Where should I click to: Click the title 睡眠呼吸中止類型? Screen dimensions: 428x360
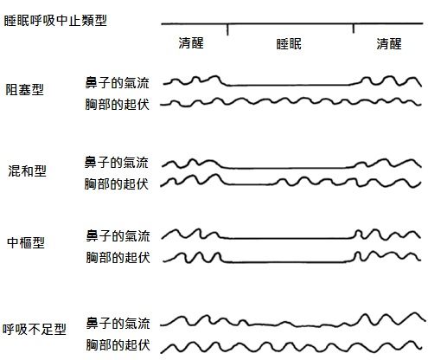coord(55,21)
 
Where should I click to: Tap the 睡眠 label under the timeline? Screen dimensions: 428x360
coord(289,44)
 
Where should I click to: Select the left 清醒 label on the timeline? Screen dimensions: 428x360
coord(191,43)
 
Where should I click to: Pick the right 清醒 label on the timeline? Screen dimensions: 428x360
coord(389,44)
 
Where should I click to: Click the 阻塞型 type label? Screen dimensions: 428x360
coord(25,89)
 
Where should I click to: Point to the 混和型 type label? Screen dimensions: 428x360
coord(27,170)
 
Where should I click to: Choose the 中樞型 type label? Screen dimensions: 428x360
coord(26,242)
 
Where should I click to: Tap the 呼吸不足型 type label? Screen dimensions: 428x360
coord(35,329)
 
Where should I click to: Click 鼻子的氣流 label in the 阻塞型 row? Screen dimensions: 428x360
coord(117,83)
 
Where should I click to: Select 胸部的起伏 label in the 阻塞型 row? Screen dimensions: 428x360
coord(117,104)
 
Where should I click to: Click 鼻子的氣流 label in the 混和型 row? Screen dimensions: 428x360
coord(117,163)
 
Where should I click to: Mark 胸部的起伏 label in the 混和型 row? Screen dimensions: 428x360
coord(117,183)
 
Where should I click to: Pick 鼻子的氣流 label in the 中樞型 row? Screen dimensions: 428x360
coord(118,235)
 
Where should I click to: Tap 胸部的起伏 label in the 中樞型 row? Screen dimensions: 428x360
coord(118,257)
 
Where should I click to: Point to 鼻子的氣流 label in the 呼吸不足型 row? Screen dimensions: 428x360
coord(118,324)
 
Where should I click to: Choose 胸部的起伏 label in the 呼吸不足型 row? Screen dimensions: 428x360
coord(118,345)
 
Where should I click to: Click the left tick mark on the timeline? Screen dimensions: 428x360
coord(227,29)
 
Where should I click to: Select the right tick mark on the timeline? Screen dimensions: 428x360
coord(354,29)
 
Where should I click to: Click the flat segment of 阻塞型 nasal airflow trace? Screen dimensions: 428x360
coord(288,85)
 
